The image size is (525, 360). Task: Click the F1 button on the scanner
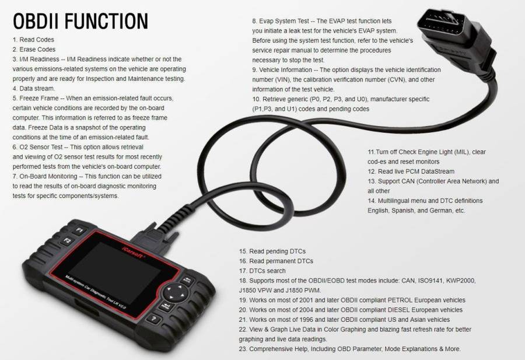click(x=80, y=230)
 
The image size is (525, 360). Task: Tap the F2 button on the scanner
click(x=67, y=241)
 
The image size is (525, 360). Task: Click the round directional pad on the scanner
click(x=174, y=292)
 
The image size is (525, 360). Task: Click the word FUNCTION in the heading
click(x=107, y=21)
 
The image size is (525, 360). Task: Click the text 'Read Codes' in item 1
click(x=37, y=40)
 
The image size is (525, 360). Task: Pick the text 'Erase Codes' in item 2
click(x=37, y=49)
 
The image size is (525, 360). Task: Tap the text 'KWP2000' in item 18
click(x=461, y=280)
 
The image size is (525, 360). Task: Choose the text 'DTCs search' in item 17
click(x=267, y=271)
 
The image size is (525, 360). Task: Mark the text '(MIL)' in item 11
click(x=462, y=152)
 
